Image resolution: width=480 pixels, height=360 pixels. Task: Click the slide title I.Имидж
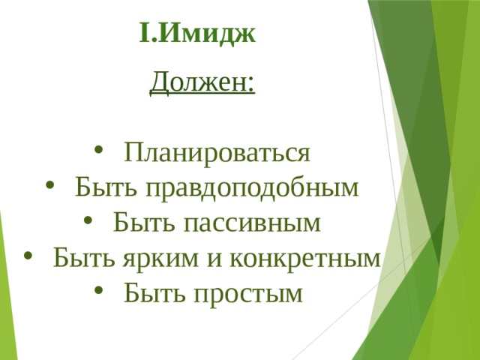197,34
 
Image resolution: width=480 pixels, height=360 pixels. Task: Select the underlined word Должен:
202,82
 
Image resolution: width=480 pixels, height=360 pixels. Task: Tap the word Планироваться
217,152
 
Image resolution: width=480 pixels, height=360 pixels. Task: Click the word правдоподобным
252,187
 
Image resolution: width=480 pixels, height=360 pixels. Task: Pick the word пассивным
252,223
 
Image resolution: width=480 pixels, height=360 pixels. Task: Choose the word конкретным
305,258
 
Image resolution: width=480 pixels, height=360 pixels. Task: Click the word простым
248,293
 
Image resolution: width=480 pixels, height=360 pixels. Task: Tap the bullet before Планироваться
98,151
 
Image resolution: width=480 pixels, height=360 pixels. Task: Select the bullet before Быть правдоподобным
49,185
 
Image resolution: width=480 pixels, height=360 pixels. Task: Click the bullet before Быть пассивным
88,220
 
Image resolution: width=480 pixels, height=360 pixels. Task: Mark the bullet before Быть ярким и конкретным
28,255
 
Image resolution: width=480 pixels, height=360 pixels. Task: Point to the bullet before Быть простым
98,290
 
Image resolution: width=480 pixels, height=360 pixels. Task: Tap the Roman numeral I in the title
144,33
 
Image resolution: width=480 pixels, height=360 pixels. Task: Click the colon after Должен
251,84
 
